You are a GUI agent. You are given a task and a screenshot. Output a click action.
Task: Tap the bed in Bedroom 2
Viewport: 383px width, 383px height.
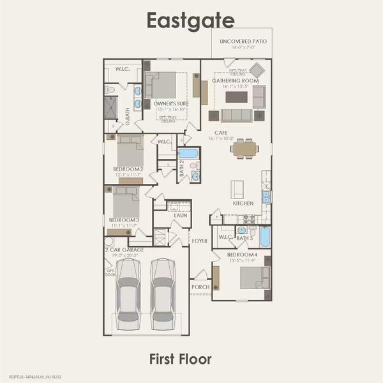coord(129,153)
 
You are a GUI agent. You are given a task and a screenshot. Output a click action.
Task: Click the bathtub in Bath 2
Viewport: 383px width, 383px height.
coord(188,153)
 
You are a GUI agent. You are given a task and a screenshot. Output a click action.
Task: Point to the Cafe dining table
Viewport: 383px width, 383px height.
coord(245,149)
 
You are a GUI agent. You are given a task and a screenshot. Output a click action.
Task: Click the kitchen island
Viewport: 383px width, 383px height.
coord(237,188)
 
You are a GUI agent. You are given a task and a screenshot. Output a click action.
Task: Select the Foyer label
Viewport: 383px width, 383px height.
coord(200,242)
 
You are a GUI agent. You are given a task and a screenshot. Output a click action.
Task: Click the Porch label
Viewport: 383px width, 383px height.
coord(200,287)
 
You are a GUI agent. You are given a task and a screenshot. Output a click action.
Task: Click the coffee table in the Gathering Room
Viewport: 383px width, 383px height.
coord(236,96)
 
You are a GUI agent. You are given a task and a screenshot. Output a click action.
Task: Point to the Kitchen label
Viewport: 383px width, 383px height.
coord(243,203)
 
